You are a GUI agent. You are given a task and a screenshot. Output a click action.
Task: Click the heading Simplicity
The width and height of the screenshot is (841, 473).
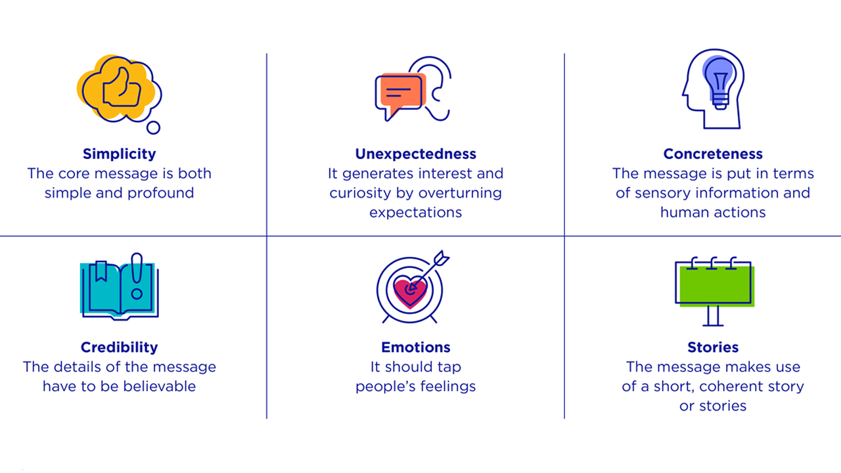point(120,154)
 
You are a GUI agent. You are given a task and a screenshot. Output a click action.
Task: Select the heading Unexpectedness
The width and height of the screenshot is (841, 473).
point(416,154)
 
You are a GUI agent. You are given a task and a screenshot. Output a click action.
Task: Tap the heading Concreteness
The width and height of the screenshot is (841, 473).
point(713,154)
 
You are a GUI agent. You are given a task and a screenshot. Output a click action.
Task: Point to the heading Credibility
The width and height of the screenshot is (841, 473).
point(120,348)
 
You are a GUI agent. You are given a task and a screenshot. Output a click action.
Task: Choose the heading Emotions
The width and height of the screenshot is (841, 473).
point(416,348)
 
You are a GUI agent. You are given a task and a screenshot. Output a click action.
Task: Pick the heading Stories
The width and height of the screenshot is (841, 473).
point(713,348)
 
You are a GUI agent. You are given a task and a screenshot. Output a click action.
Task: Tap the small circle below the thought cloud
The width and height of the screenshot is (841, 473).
point(153,127)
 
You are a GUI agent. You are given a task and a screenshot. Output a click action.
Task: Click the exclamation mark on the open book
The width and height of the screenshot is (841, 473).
point(137,277)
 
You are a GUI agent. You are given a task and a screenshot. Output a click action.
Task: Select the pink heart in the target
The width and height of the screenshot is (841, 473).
point(410,293)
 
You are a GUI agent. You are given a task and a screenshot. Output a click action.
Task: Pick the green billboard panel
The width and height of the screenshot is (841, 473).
point(716,285)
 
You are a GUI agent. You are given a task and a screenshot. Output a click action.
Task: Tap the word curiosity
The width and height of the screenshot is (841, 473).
point(361,193)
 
